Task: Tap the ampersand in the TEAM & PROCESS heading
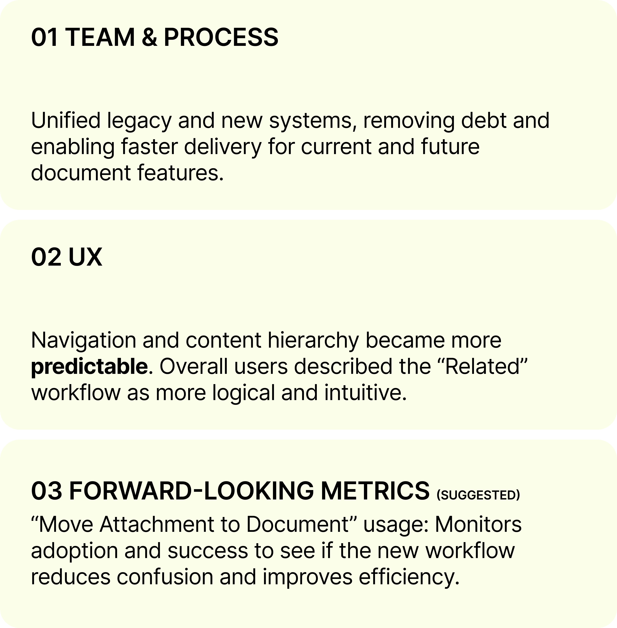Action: [149, 37]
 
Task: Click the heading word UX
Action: [85, 257]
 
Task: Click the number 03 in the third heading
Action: [46, 490]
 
